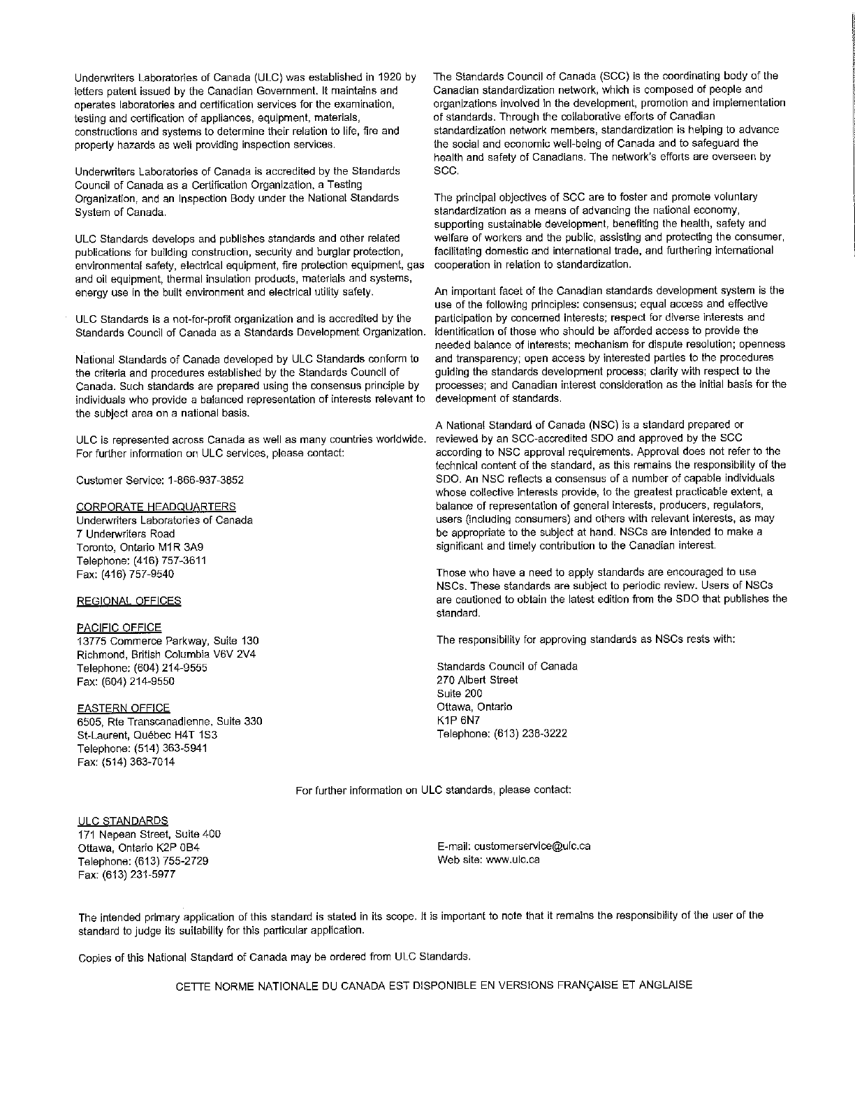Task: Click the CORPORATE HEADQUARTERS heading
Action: pos(155,507)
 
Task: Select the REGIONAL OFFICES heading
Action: pos(129,600)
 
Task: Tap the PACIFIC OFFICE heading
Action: pos(118,628)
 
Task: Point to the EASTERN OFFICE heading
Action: pos(122,708)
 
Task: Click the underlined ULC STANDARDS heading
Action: pos(122,820)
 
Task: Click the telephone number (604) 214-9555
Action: pos(165,668)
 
